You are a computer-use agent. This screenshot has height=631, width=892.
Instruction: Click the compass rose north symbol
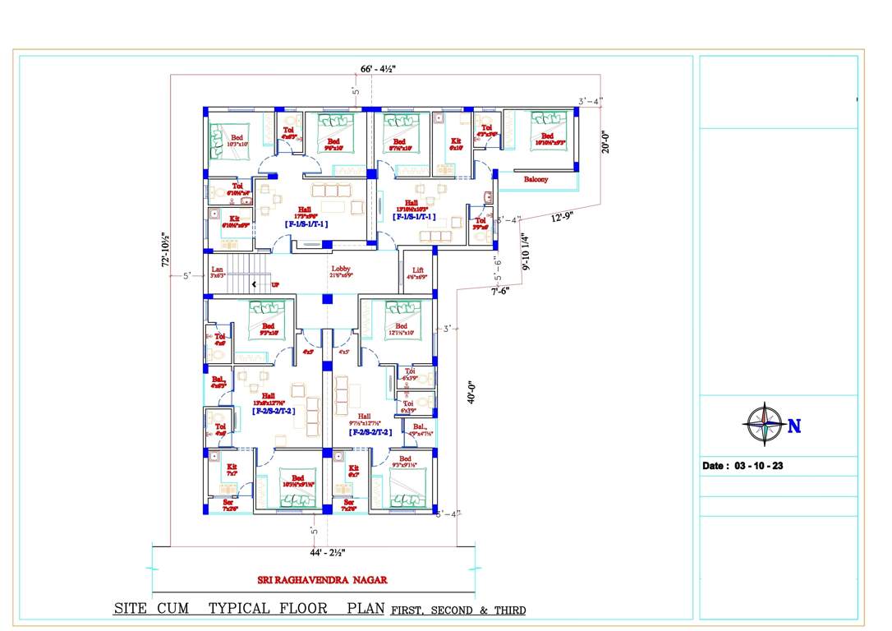point(764,425)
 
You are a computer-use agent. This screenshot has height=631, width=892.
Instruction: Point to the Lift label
point(418,271)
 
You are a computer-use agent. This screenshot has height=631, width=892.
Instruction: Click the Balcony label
point(535,179)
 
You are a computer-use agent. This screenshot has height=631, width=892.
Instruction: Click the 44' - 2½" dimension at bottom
point(328,552)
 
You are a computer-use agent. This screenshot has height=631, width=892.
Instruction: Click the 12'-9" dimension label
point(563,218)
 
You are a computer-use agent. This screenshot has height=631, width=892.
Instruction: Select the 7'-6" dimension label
point(499,291)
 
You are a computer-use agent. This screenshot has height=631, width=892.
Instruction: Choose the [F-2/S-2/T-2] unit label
point(274,411)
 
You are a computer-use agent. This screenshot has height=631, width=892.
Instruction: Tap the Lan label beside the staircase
point(217,270)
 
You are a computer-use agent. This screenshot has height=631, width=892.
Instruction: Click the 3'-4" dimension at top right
point(590,102)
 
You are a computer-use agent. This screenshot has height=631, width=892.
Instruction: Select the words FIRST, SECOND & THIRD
point(458,610)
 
